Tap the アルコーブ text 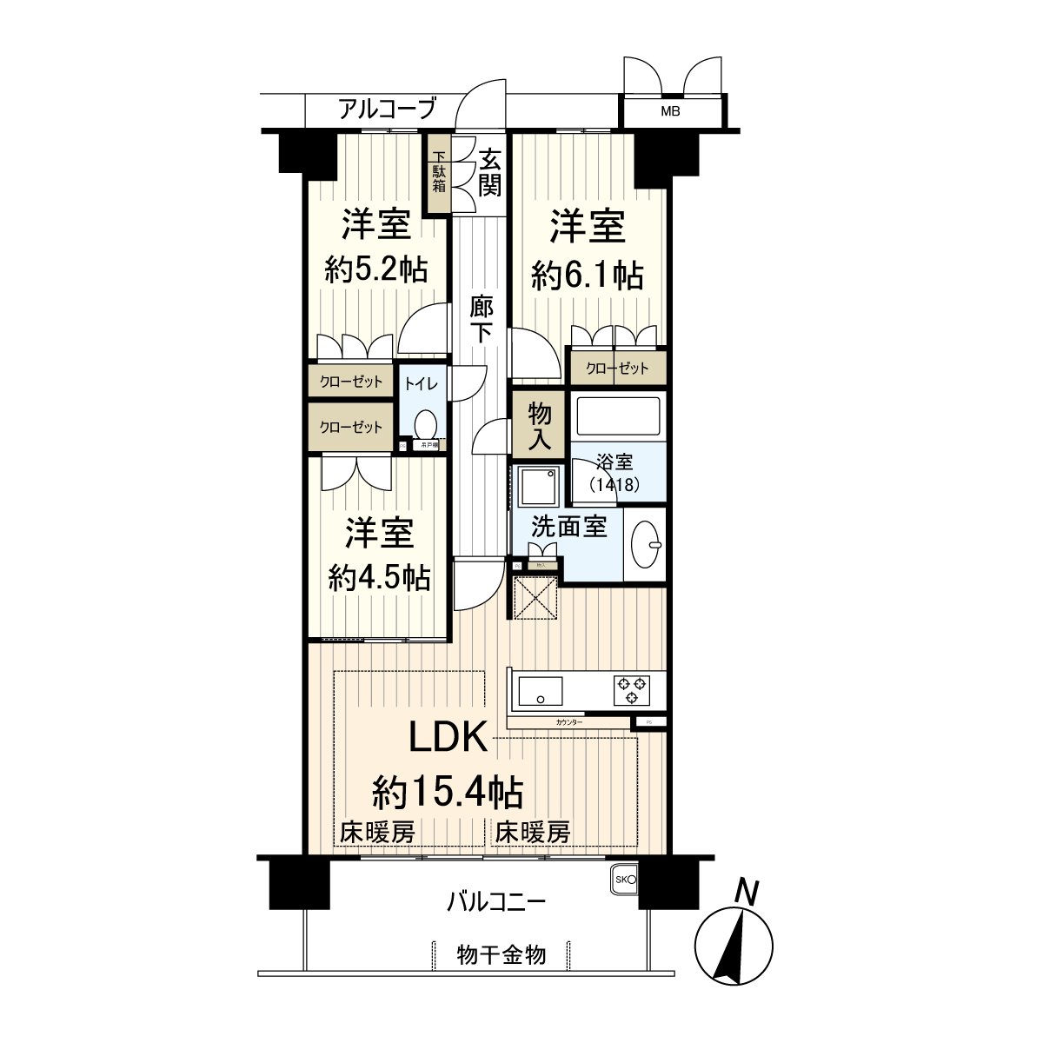point(386,110)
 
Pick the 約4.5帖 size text point(379,577)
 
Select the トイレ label point(422,383)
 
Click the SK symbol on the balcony point(625,880)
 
